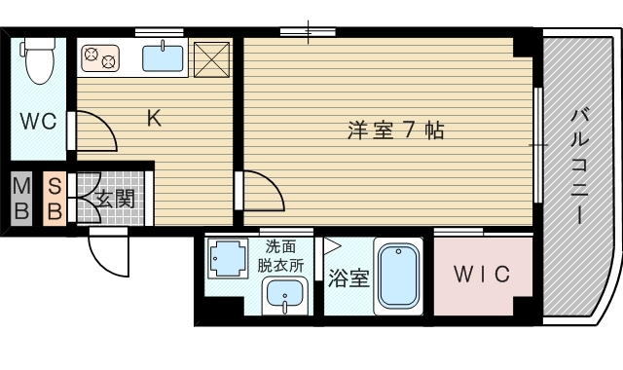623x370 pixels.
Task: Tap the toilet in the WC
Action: click(37, 59)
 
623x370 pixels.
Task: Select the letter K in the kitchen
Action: click(153, 119)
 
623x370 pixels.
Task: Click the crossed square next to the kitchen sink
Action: click(210, 58)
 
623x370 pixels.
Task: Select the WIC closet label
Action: click(482, 275)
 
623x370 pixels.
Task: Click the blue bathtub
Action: click(396, 277)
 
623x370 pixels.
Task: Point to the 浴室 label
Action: click(348, 278)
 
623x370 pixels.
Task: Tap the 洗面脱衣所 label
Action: click(282, 254)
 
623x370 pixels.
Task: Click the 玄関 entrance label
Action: click(115, 200)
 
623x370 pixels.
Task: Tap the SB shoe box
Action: click(55, 198)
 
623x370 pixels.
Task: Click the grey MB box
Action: click(21, 198)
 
